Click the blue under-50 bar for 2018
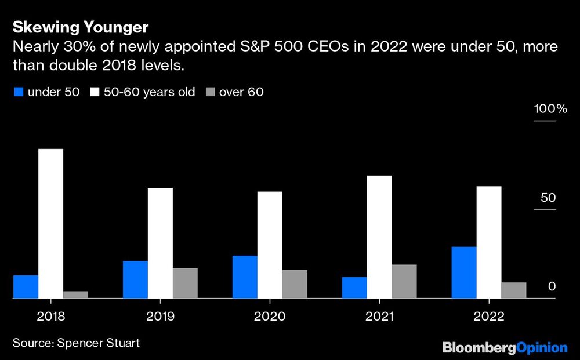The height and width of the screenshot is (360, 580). coord(26,287)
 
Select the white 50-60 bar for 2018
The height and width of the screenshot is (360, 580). coord(50,224)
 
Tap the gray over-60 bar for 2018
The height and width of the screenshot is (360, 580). coord(75,294)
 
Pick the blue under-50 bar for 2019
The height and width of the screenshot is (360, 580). coord(135,279)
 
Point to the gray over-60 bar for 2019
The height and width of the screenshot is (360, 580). coord(185,283)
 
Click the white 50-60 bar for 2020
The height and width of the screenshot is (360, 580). coord(270,245)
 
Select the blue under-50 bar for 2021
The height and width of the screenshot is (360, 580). coord(354,288)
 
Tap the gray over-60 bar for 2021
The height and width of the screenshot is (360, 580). coord(404,281)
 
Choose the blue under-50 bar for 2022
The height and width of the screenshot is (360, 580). coord(464,272)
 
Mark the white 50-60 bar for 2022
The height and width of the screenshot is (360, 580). coord(489,242)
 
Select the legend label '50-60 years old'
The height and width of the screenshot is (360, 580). coord(149,92)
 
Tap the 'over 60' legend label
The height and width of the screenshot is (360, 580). coord(241,92)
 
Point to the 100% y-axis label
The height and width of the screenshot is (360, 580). coord(545,109)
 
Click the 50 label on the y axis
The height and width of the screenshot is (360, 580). coord(548,198)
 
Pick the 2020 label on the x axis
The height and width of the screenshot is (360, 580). coord(270,317)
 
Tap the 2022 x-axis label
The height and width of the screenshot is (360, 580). coord(489,317)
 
